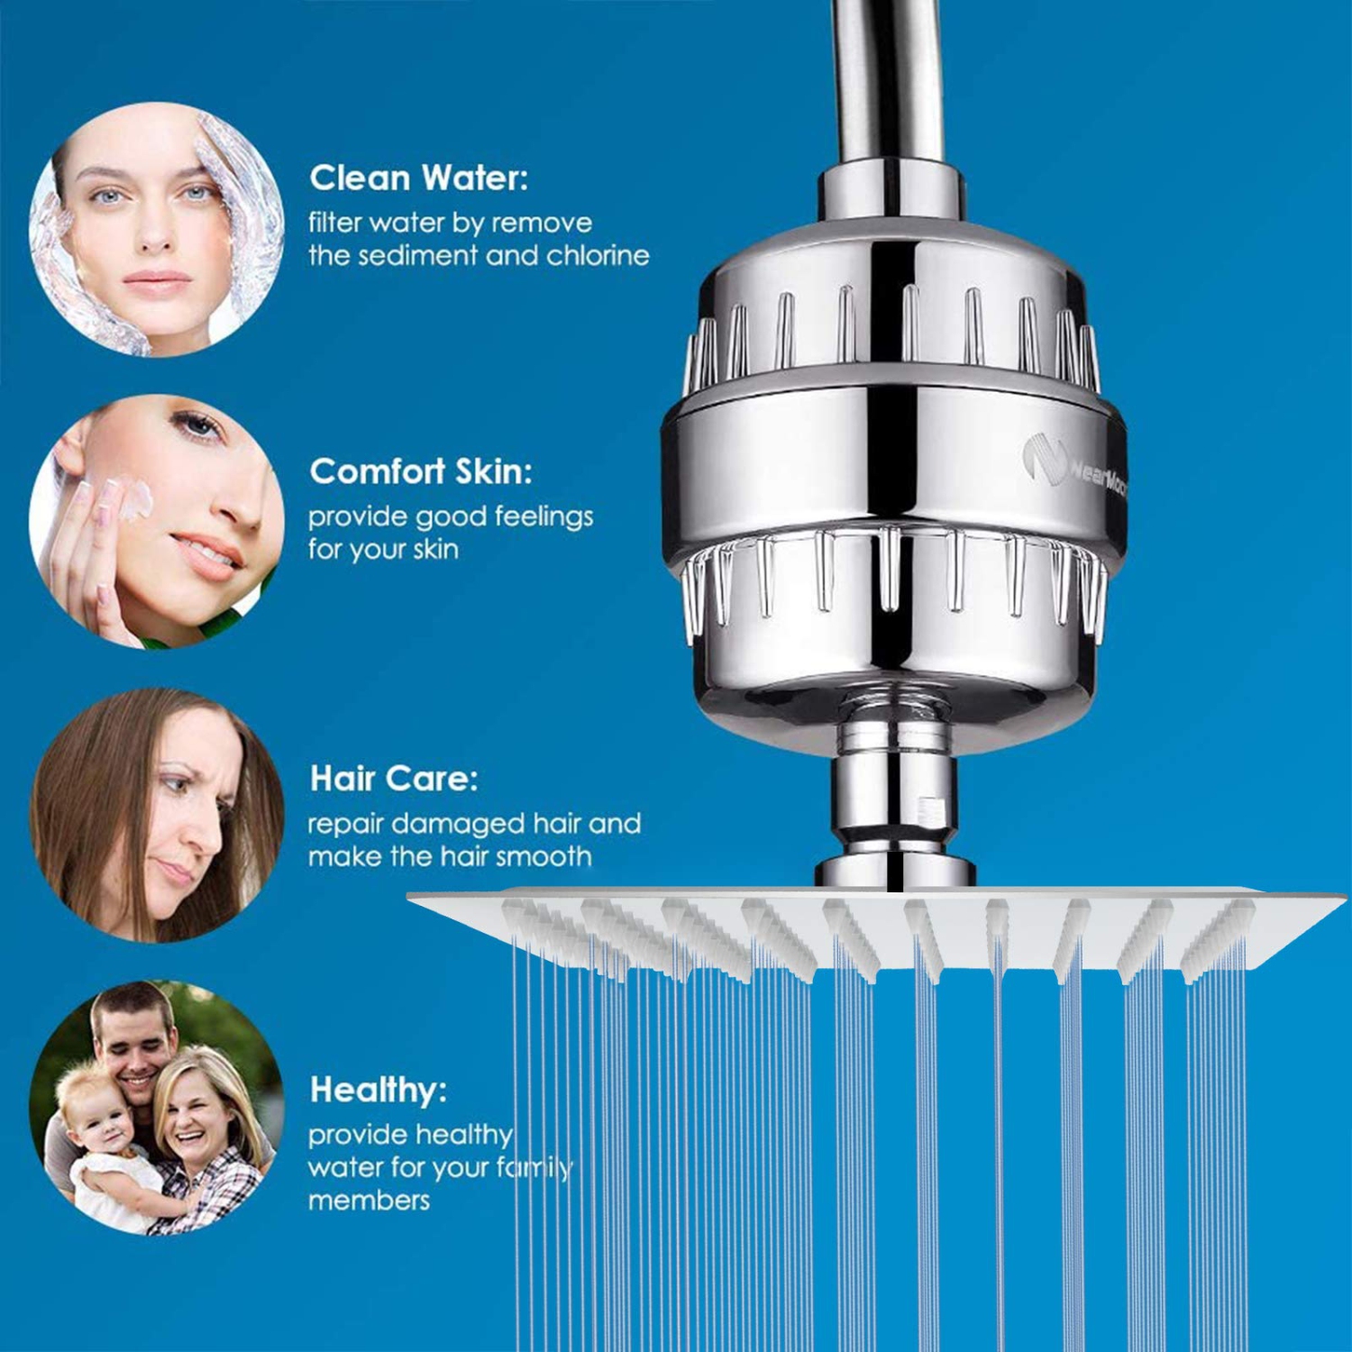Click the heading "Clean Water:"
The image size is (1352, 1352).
(418, 178)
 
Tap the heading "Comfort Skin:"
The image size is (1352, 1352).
(420, 471)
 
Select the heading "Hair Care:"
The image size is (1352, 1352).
(393, 779)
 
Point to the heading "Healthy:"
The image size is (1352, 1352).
(378, 1091)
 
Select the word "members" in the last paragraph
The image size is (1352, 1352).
(369, 1201)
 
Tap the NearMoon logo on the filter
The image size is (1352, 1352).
(1073, 466)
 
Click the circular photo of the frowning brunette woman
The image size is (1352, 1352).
(156, 816)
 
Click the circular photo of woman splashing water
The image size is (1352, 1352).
(156, 230)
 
